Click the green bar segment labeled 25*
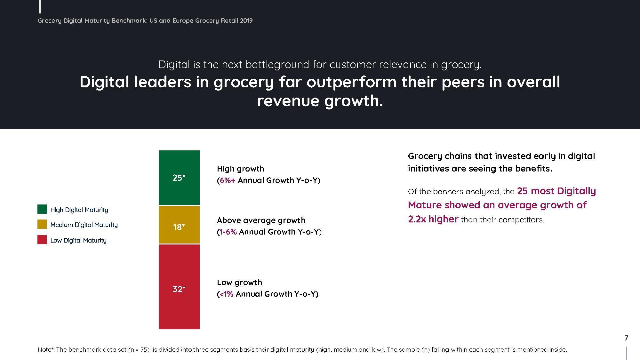(179, 178)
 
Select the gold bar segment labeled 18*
(179, 225)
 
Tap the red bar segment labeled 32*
(179, 287)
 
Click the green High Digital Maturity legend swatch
(42, 209)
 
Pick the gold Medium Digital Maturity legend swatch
(42, 224)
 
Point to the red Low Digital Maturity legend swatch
(42, 240)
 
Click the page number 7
(626, 338)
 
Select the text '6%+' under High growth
(228, 180)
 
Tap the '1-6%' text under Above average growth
(228, 232)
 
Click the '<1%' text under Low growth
(227, 294)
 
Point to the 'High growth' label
(241, 169)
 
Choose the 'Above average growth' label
(261, 220)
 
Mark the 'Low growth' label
(240, 283)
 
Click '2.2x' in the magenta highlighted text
(417, 219)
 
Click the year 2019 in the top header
(246, 20)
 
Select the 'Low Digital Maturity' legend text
(78, 240)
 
